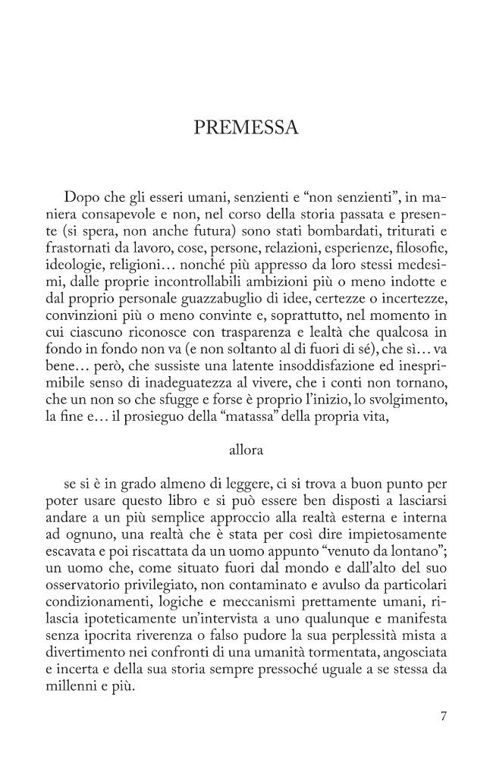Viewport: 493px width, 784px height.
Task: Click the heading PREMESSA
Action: (x=246, y=127)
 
